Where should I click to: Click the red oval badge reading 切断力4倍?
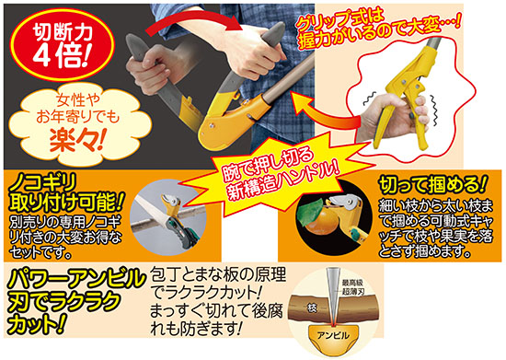click(x=62, y=45)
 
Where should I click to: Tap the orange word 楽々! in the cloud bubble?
click(x=77, y=141)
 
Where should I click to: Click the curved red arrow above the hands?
click(x=193, y=20)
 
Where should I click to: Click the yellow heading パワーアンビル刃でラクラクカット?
click(x=75, y=300)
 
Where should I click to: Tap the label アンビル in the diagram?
click(x=333, y=335)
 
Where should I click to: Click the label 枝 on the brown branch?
click(x=311, y=308)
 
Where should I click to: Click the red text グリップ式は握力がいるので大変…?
click(x=377, y=29)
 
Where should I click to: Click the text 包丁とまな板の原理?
click(x=218, y=275)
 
